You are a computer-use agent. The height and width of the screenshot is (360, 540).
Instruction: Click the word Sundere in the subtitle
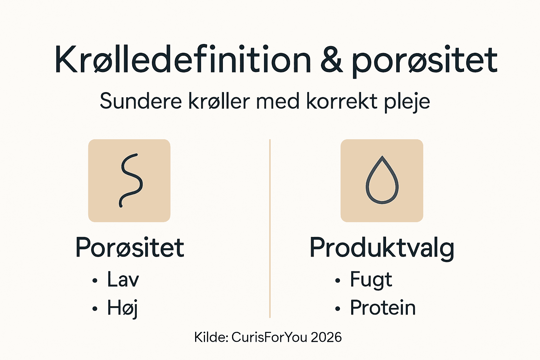tap(141, 101)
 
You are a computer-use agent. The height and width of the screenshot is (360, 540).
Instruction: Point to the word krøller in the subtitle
tap(219, 101)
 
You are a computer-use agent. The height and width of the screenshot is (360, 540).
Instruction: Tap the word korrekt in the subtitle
tap(342, 101)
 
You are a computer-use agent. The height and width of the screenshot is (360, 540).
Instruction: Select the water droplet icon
tap(382, 180)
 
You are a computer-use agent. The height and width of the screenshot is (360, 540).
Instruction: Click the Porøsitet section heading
tap(130, 247)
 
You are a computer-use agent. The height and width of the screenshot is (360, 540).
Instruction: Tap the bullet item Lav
tap(123, 280)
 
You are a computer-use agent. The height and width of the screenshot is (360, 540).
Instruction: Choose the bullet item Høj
tap(122, 308)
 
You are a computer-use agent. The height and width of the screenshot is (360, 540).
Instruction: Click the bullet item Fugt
tap(371, 280)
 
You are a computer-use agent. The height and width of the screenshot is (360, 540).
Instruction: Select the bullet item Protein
tap(383, 308)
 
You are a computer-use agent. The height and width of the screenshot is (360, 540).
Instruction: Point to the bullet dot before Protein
tap(338, 309)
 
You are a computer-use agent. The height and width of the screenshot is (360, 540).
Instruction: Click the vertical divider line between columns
tap(270, 229)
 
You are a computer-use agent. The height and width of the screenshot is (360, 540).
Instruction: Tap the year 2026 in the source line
tap(326, 337)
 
